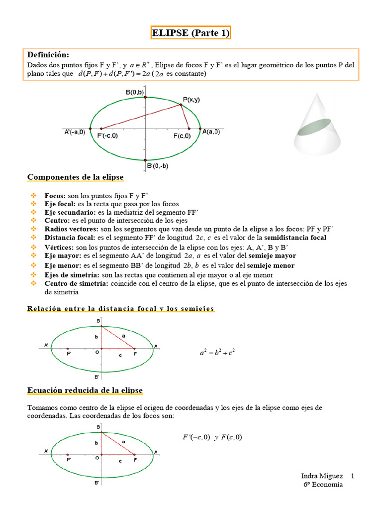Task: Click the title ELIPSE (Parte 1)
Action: (x=191, y=33)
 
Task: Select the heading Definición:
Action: (x=48, y=55)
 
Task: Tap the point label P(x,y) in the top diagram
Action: (x=191, y=100)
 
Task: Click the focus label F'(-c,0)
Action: (x=107, y=136)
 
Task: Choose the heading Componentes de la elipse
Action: (x=75, y=177)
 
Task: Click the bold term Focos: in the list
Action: (x=54, y=196)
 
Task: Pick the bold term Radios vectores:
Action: (x=72, y=229)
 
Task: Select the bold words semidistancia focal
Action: (x=295, y=238)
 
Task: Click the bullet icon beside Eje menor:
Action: (x=34, y=265)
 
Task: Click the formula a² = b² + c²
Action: (x=217, y=353)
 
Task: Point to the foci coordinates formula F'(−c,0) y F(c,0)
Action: (x=212, y=437)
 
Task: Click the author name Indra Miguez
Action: (x=322, y=477)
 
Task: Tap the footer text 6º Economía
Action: (x=323, y=485)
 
